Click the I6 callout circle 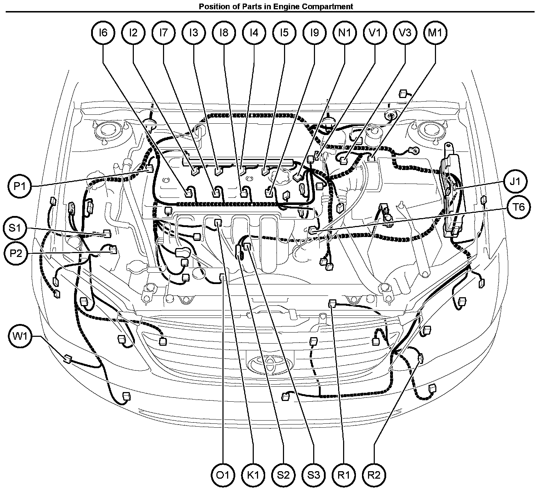[103, 33]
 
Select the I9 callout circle [315, 33]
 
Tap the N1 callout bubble [345, 33]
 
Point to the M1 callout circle [435, 33]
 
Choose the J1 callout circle [515, 181]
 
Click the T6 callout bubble [519, 207]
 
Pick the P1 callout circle [20, 186]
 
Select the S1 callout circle [15, 228]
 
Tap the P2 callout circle [16, 253]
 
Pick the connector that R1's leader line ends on [332, 303]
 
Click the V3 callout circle [405, 33]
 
